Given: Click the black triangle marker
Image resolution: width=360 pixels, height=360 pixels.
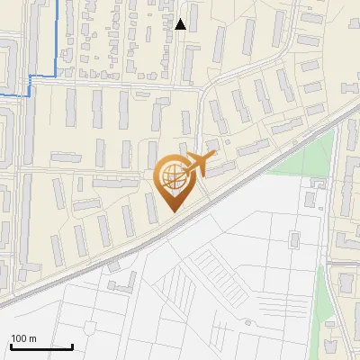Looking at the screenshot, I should (180, 24).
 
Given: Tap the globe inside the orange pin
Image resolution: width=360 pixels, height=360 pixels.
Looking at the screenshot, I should (171, 178).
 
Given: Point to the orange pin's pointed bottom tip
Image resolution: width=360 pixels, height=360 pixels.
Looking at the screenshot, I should (171, 211).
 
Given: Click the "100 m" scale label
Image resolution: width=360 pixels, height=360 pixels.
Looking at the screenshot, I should (23, 338).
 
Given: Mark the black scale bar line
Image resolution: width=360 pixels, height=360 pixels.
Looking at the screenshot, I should (41, 346).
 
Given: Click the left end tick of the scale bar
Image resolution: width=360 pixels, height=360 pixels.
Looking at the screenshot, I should (11, 345).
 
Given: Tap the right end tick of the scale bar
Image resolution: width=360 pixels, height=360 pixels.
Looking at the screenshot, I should (72, 345).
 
